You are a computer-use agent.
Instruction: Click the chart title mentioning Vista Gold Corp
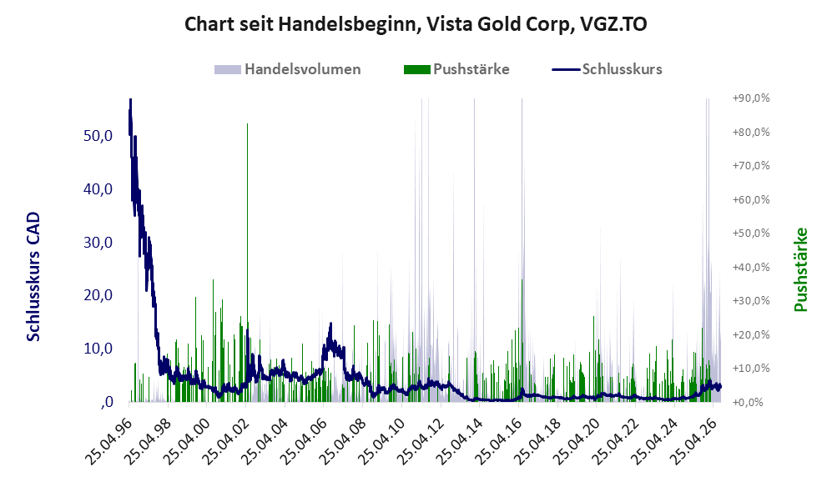416,24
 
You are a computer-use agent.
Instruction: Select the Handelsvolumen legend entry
288,69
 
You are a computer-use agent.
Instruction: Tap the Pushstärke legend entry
456,69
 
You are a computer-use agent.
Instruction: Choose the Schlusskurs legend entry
607,69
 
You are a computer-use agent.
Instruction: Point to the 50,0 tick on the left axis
98,136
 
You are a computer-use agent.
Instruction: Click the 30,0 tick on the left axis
98,243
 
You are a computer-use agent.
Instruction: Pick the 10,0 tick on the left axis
98,349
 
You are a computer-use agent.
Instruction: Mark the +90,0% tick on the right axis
751,98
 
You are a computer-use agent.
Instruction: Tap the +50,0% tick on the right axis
751,233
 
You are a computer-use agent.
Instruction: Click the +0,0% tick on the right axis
751,403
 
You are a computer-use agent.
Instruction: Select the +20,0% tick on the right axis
751,334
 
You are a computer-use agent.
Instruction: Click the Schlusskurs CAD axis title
33,277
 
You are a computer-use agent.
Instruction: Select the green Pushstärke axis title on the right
800,270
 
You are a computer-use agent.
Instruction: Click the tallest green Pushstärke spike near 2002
247,263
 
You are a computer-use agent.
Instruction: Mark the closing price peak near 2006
330,324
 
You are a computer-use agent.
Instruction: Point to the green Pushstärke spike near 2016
522,339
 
